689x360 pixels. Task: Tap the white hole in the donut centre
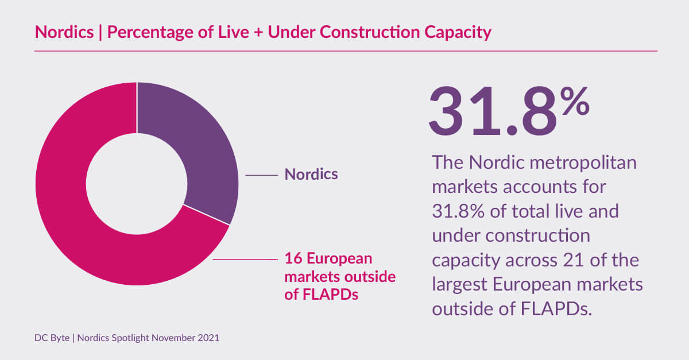click(x=137, y=184)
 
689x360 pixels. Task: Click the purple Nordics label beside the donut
click(x=311, y=174)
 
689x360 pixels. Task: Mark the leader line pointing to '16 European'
click(x=244, y=260)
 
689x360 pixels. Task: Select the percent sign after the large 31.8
click(x=575, y=103)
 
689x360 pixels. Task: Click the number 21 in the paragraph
click(x=570, y=260)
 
